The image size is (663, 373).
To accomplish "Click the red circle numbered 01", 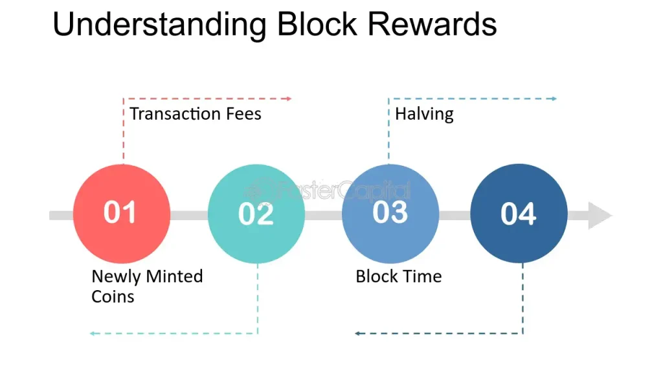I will (122, 214).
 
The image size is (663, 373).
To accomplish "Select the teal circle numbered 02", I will (256, 214).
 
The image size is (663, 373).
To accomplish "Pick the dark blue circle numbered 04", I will (519, 214).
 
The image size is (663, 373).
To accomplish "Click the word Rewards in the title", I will (433, 25).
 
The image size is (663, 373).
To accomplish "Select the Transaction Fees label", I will (196, 114).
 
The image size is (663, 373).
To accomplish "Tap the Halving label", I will (424, 114).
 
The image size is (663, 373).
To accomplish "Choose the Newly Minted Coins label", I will (147, 286).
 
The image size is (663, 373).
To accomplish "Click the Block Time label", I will (399, 277).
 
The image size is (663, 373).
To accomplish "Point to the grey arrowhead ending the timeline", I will (600, 216).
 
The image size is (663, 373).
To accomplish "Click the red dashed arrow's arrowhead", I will (289, 98).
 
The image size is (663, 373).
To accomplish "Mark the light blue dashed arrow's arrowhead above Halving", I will (554, 98).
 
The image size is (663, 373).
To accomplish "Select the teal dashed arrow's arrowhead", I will (93, 333).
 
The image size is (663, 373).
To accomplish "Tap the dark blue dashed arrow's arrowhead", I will (357, 333).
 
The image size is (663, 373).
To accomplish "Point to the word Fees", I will (239, 114).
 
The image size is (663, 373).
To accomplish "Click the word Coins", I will (113, 297).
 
